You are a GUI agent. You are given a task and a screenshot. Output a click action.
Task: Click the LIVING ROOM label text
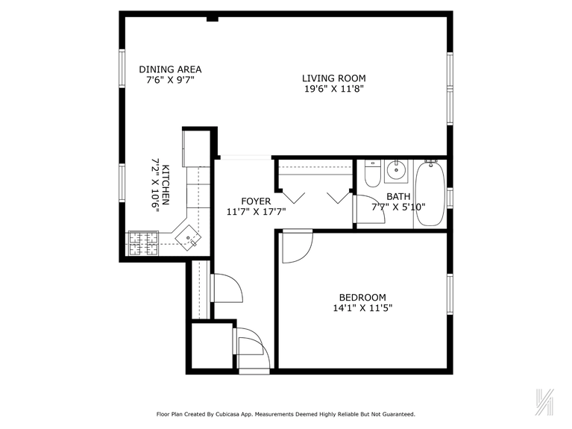point(333,78)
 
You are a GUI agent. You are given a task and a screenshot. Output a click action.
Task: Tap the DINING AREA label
point(170,69)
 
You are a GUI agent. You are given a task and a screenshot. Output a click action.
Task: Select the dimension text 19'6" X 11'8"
point(333,89)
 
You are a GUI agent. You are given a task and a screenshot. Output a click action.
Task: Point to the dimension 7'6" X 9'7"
point(170,81)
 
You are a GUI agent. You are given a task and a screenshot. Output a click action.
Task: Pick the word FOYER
point(256,201)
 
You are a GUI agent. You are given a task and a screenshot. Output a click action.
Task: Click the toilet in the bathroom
point(373,172)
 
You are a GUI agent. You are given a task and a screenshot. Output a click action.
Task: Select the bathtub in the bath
point(430,193)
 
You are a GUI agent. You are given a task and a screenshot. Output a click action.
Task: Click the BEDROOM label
point(362,296)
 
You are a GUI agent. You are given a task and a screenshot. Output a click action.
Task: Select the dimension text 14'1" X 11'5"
point(362,307)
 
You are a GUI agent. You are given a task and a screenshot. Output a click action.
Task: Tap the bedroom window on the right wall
point(450,294)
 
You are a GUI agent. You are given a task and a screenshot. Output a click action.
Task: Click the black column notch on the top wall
point(212,17)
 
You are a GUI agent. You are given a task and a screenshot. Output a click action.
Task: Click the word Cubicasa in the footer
point(239,413)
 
